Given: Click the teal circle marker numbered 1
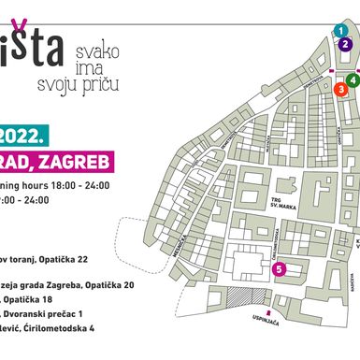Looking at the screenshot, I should pyautogui.click(x=338, y=31).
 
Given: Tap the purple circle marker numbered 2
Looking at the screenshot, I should pyautogui.click(x=347, y=43).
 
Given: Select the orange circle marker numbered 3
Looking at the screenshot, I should pyautogui.click(x=341, y=89).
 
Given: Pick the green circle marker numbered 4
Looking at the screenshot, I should pyautogui.click(x=353, y=80).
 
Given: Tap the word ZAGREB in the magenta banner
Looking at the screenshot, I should pyautogui.click(x=79, y=164).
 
